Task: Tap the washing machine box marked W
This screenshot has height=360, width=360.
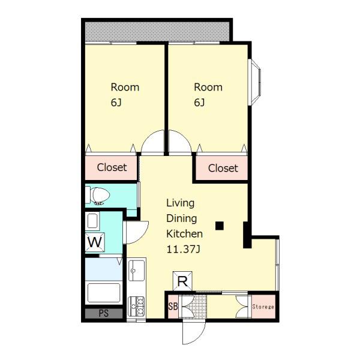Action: (95, 242)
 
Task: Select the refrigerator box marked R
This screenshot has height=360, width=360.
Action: (182, 281)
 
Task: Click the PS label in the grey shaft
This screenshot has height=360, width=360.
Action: (104, 313)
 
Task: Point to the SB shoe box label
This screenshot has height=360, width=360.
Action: (173, 306)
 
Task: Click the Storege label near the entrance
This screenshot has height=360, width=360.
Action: (263, 307)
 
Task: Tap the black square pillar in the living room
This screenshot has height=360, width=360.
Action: (220, 226)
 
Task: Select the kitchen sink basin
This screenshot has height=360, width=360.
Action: (137, 271)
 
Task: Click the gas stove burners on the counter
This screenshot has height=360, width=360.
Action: (137, 306)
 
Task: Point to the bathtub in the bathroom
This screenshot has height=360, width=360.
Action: (104, 293)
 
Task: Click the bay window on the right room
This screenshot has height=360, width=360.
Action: (254, 82)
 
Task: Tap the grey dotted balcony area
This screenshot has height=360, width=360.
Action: (157, 32)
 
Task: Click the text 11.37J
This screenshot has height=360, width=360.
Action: (183, 249)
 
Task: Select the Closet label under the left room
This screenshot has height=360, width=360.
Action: (112, 167)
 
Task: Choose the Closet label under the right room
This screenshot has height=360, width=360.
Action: (223, 168)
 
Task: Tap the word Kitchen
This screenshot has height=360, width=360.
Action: (184, 234)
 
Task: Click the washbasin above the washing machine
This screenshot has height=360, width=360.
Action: (92, 221)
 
